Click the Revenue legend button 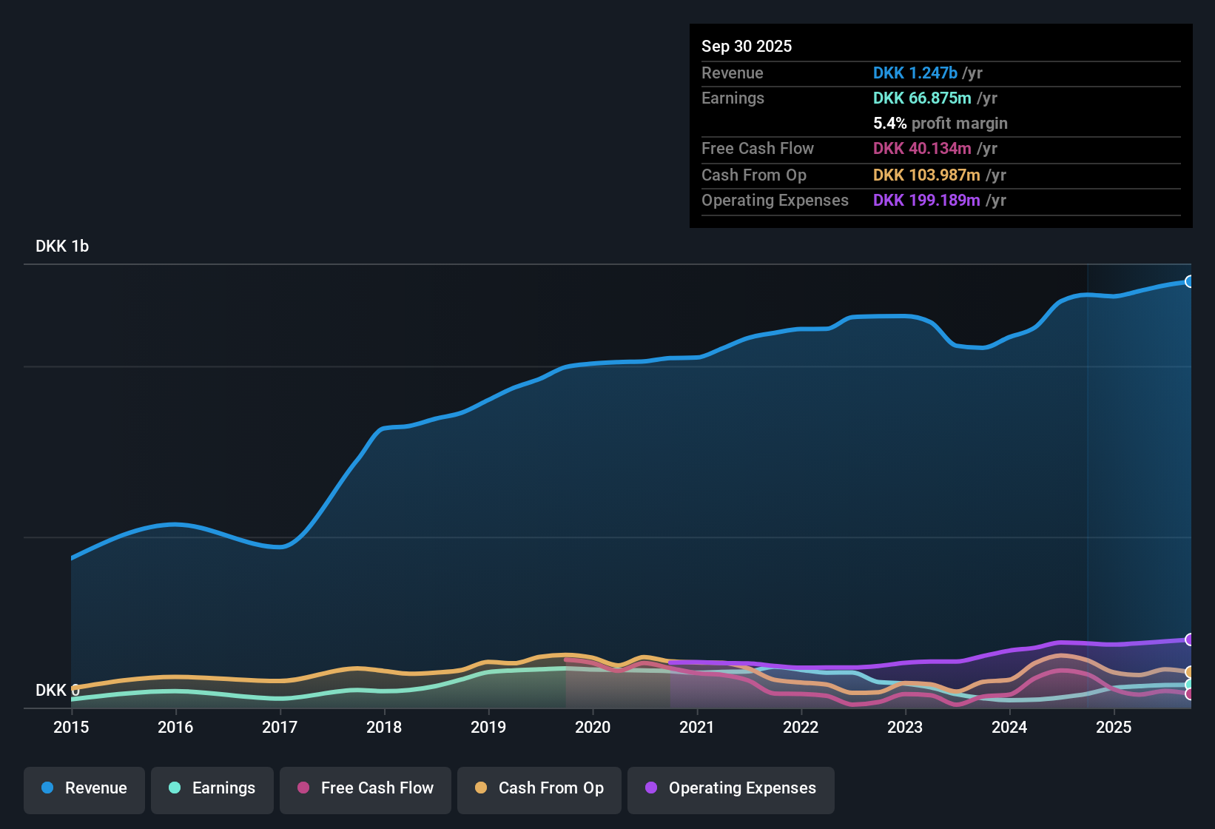coord(84,788)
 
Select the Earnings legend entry coord(212,788)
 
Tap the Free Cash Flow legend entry coord(366,788)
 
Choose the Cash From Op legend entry coord(539,788)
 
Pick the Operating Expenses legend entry coord(731,788)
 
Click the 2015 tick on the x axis coord(71,727)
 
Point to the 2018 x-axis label coord(384,727)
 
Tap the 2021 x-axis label coord(696,727)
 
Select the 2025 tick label coord(1114,727)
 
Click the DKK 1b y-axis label coord(62,246)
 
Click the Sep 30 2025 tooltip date coord(747,47)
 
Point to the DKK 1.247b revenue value coord(915,73)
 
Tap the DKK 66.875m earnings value coord(922,98)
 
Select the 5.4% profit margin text coord(940,124)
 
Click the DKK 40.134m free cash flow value coord(922,149)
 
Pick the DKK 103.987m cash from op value coord(926,175)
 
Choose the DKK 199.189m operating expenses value coord(926,201)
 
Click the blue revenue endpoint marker coord(1189,281)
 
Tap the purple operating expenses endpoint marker coord(1189,640)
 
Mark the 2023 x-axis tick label coord(905,727)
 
